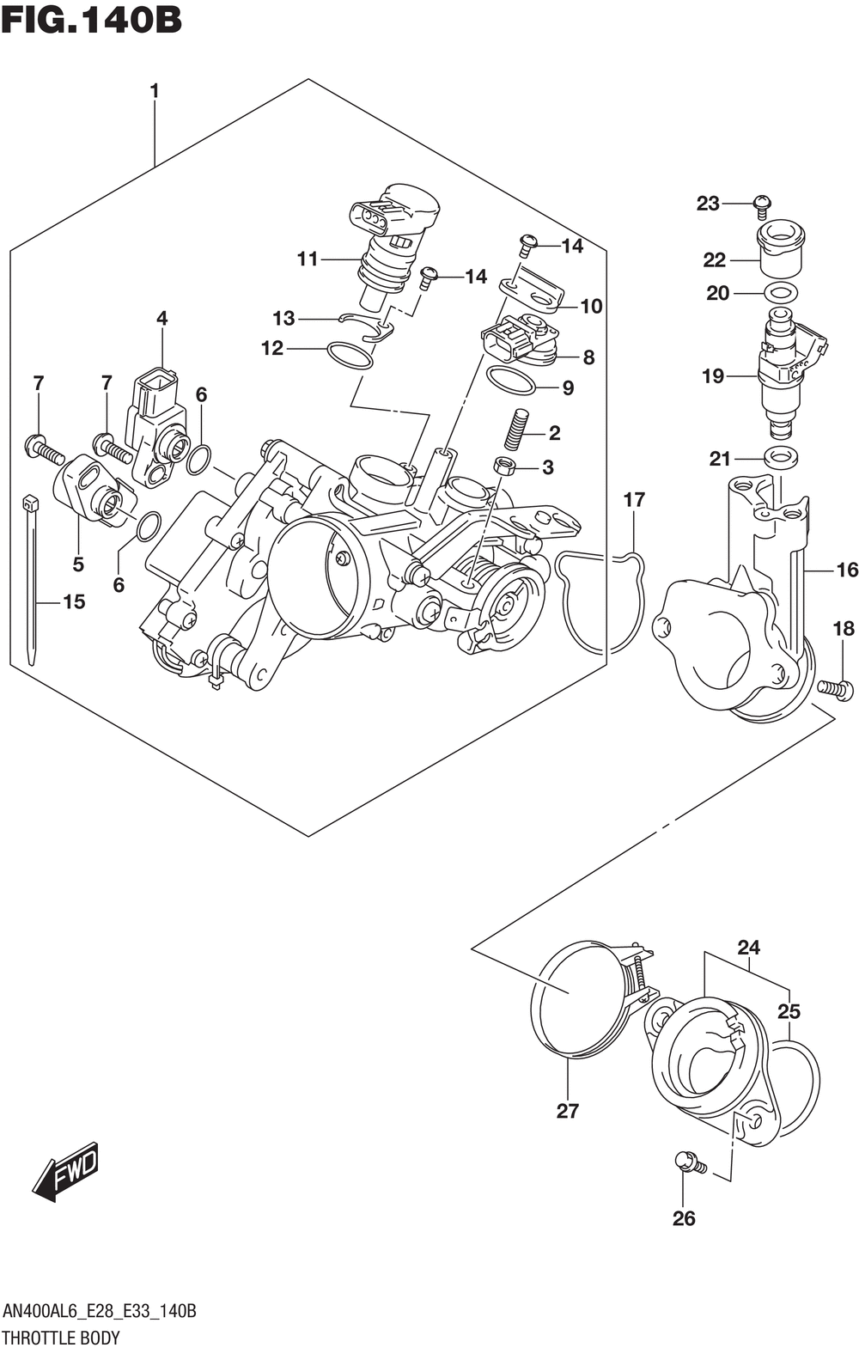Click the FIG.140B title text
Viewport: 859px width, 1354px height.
tap(91, 20)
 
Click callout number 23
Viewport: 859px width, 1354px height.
tap(708, 204)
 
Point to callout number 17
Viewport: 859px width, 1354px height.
tap(634, 500)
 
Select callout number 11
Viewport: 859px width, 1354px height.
tap(308, 259)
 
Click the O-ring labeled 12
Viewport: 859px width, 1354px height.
tap(350, 356)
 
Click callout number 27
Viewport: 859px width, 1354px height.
tap(568, 1111)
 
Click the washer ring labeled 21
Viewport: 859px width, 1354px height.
tap(781, 457)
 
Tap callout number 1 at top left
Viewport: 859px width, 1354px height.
tap(154, 91)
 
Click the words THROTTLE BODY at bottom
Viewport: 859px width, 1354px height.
tap(61, 1337)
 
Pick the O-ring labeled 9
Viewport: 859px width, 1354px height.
tap(510, 381)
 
